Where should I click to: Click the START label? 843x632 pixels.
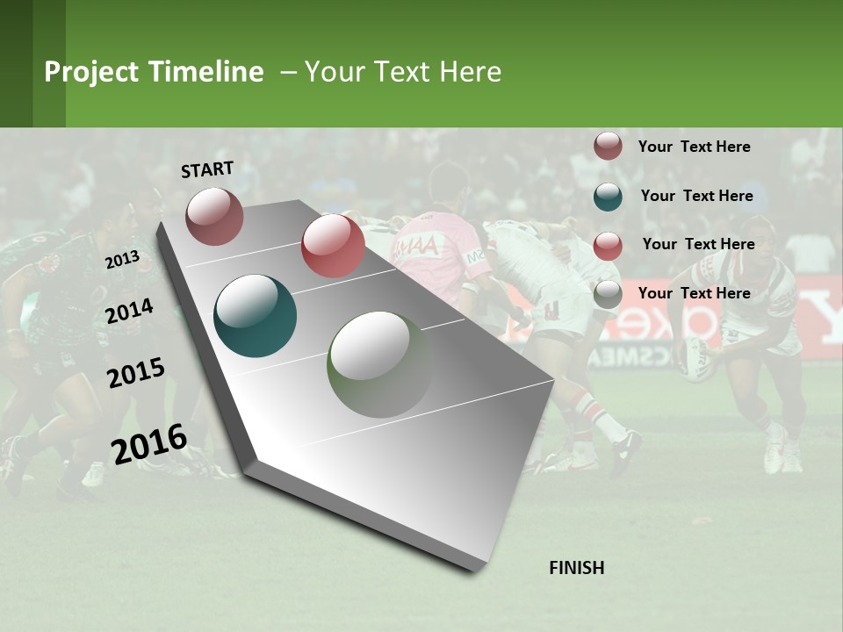tap(207, 169)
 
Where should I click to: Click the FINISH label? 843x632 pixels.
tap(577, 568)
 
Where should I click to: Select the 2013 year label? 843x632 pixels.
tap(122, 260)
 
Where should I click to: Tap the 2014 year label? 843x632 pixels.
tap(129, 311)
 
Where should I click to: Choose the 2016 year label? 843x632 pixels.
tap(149, 443)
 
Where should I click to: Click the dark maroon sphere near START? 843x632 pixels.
tap(214, 216)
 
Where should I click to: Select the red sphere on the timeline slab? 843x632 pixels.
tap(333, 245)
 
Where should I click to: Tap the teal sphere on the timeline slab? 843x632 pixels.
tap(256, 316)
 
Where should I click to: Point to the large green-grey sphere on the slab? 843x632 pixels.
tap(380, 364)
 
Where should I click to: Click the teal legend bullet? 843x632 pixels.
tap(608, 197)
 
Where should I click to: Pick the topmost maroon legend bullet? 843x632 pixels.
tap(608, 147)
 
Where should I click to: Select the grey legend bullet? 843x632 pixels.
tap(608, 294)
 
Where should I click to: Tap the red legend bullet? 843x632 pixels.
tap(608, 246)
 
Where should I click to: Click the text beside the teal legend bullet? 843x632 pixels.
tap(696, 196)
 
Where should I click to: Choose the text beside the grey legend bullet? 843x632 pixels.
tap(694, 293)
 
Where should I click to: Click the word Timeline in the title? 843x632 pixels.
tap(205, 72)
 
